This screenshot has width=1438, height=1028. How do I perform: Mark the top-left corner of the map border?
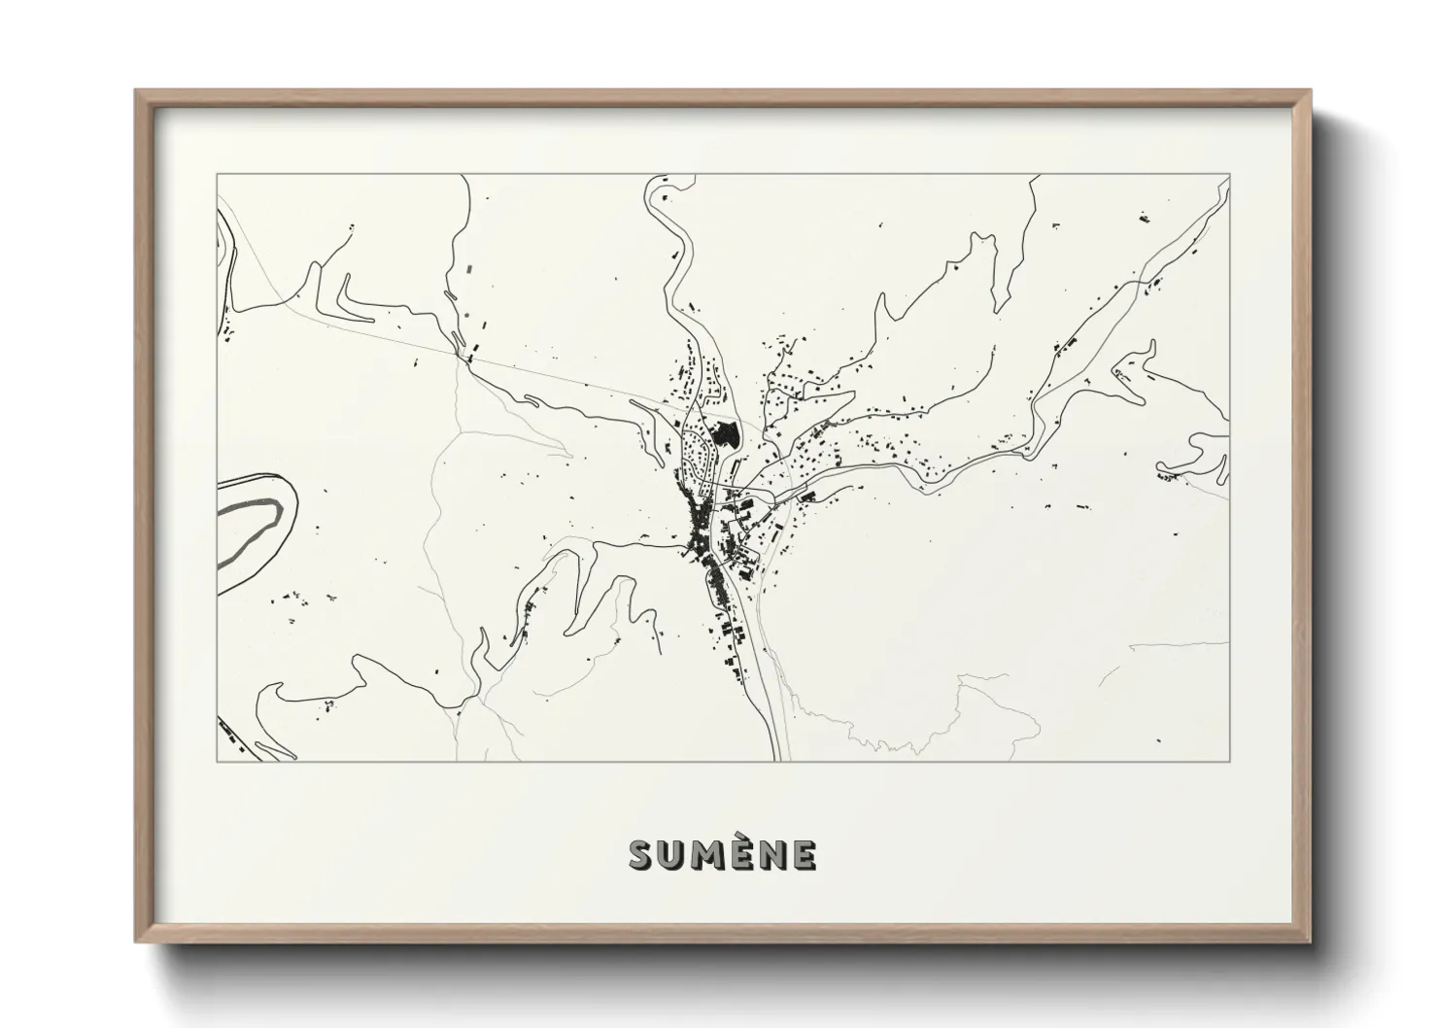217,175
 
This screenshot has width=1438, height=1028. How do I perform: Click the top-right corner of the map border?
1230,175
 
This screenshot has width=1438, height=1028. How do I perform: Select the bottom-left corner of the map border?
217,761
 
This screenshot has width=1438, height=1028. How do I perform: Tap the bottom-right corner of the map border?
1230,761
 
